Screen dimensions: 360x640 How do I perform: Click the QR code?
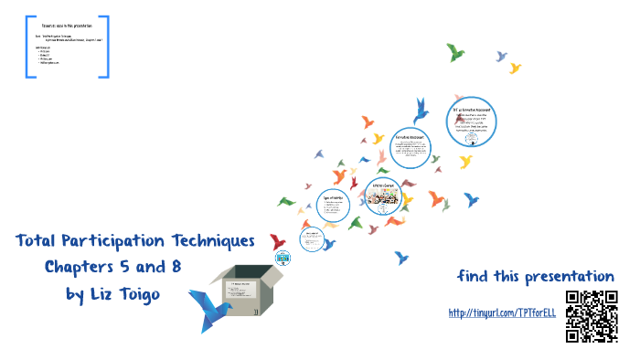pos(592,315)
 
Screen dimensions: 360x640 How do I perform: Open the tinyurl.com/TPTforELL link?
pos(502,313)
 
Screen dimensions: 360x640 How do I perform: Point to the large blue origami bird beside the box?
pos(209,305)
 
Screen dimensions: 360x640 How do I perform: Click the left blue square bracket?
pos(30,45)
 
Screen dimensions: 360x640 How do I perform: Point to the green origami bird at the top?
pos(455,52)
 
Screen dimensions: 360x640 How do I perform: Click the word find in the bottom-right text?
pos(475,276)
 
